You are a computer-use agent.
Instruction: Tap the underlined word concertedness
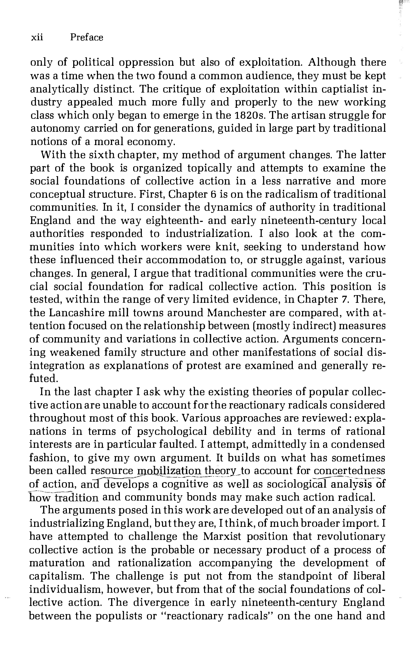[349, 471]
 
